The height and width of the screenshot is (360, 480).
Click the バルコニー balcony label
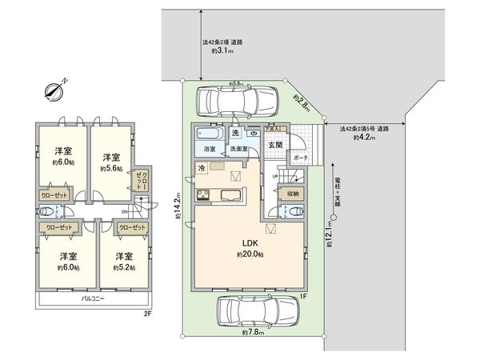tap(93, 298)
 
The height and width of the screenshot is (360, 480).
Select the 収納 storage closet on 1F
tap(292, 193)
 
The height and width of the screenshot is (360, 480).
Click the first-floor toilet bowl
tap(298, 211)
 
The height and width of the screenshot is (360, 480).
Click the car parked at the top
tap(238, 101)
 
